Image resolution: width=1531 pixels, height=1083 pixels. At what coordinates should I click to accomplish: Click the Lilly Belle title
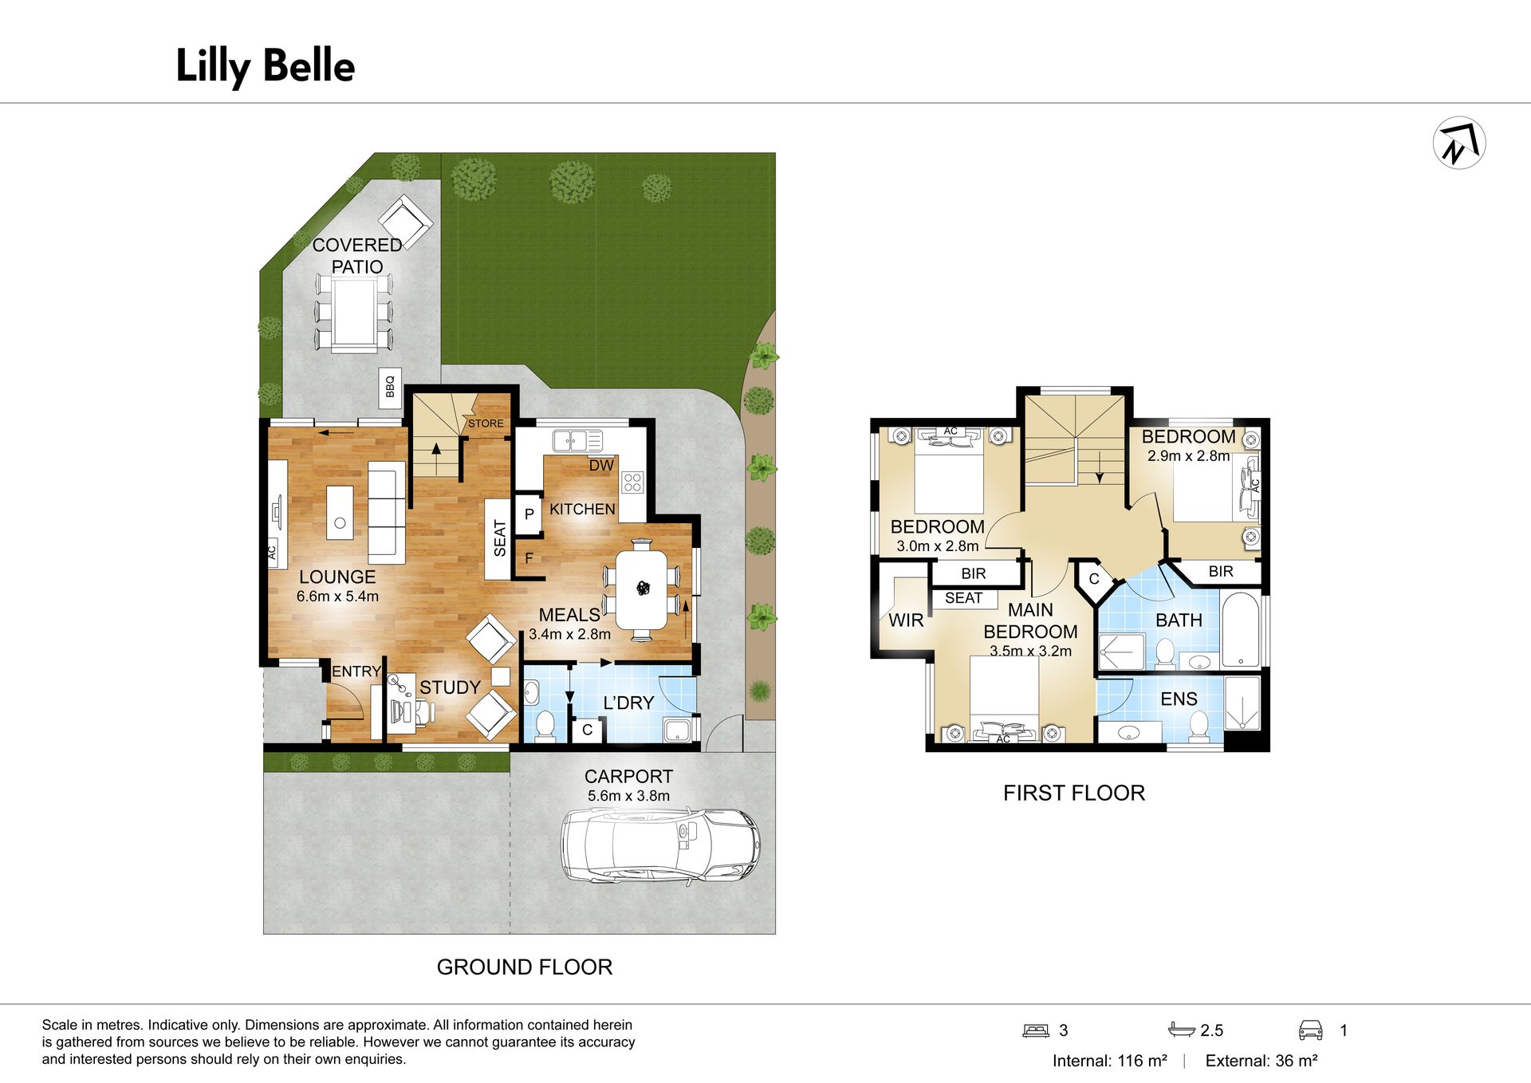[265, 66]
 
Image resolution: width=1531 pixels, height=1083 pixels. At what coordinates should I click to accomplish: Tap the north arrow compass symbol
[1458, 144]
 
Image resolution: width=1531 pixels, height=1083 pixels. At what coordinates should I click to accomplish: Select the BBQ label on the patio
[390, 388]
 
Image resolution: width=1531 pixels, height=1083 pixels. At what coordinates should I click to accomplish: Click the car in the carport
[660, 846]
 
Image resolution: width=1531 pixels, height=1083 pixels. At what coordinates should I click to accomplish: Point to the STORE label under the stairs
[486, 423]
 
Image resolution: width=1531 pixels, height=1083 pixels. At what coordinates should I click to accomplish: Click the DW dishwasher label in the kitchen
[601, 466]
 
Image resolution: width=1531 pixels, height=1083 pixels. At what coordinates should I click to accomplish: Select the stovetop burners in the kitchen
[632, 482]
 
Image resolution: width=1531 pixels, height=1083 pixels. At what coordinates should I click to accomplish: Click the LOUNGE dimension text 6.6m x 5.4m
[337, 597]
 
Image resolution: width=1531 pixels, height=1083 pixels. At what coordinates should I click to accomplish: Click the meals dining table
[643, 590]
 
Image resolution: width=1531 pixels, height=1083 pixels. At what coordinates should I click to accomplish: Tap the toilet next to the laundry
[545, 725]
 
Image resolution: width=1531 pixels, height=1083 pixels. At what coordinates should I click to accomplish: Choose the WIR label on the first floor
[906, 620]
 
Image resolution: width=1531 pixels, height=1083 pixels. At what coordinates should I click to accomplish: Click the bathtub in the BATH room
[1241, 630]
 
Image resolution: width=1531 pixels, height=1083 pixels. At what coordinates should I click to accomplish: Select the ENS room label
[1179, 699]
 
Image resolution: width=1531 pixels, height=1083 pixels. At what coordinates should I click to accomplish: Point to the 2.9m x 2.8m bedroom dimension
[1188, 456]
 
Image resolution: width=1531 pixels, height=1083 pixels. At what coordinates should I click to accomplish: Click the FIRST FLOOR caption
[1073, 793]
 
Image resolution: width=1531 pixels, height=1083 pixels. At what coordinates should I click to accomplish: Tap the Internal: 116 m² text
[1109, 1061]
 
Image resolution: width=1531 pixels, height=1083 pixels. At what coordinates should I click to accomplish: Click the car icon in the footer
[1311, 1030]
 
